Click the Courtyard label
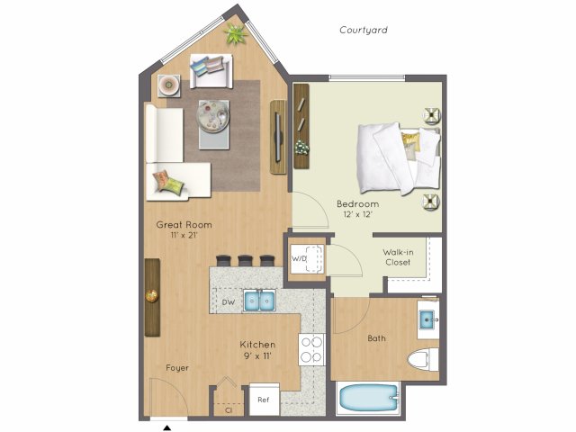364,30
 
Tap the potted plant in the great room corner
236,34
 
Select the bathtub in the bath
369,399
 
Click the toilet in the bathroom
423,360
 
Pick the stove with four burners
311,349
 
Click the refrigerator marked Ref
264,400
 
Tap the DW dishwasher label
229,302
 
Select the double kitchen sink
259,301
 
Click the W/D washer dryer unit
307,258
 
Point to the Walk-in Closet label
398,257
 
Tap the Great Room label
184,225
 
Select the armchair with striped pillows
211,71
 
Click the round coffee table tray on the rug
212,116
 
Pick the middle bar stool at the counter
245,260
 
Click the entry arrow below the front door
167,427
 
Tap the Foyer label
177,368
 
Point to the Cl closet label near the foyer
229,410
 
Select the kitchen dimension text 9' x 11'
256,355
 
